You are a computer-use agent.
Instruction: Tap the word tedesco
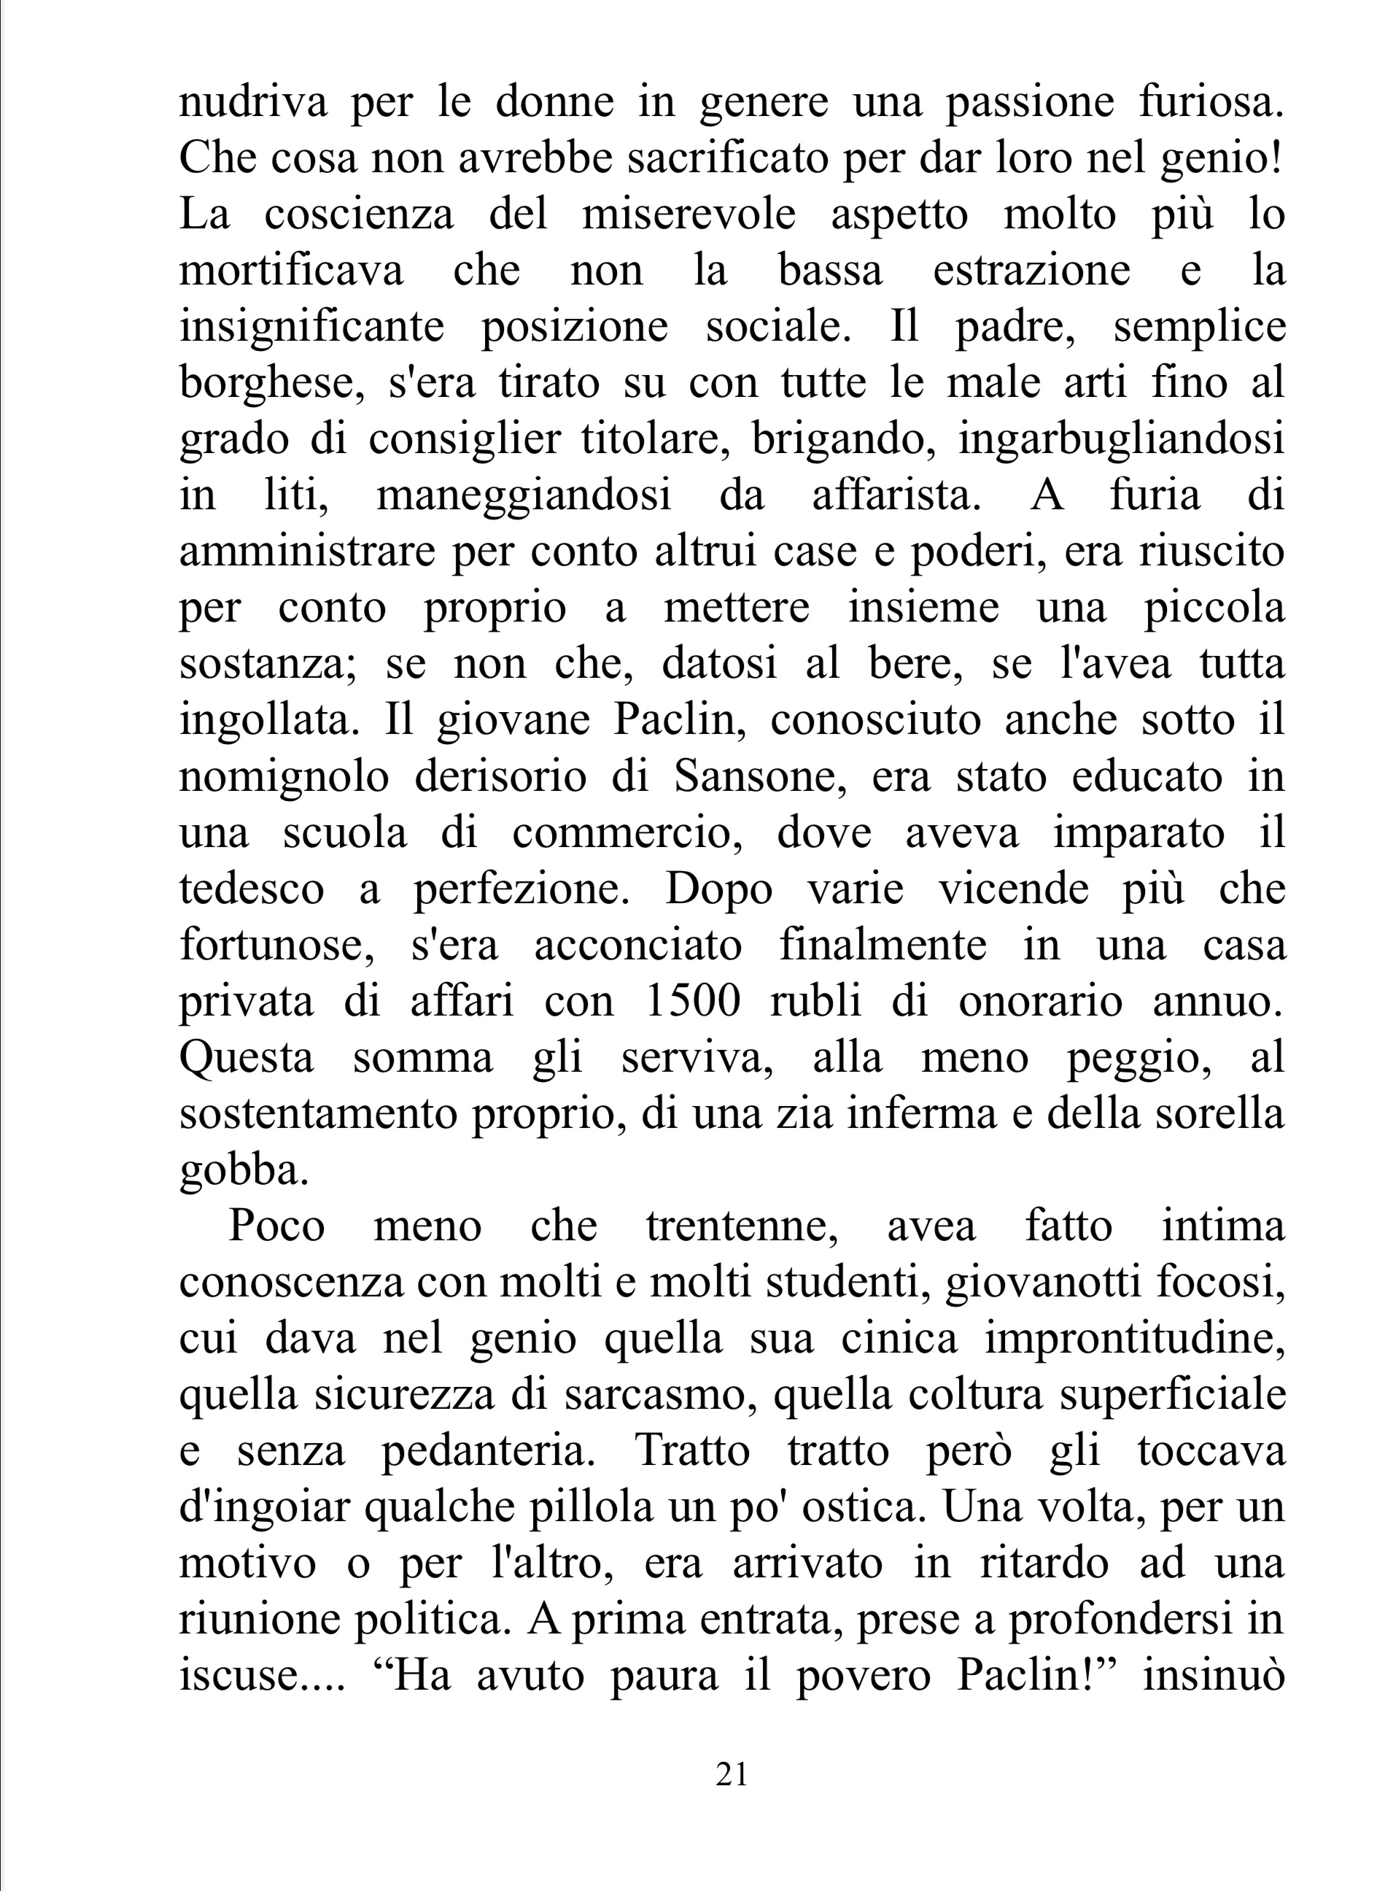pos(252,889)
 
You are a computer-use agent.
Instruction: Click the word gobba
pos(244,1171)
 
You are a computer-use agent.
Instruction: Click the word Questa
pos(247,1058)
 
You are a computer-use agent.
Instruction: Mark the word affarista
pos(897,496)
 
